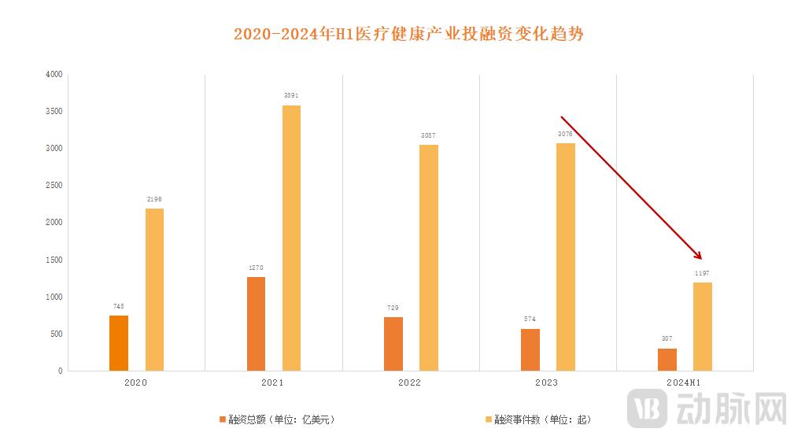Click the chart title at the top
[408, 34]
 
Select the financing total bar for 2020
[119, 343]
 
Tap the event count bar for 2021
[291, 238]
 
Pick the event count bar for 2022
[428, 257]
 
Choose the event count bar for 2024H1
[702, 327]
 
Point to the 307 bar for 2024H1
[667, 360]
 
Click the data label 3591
[291, 96]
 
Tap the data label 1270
[256, 268]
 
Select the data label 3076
[565, 135]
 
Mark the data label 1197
[702, 273]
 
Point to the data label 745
[119, 306]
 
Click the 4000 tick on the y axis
[54, 75]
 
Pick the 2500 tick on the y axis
[54, 186]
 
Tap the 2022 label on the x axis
[410, 382]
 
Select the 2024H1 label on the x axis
[684, 382]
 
